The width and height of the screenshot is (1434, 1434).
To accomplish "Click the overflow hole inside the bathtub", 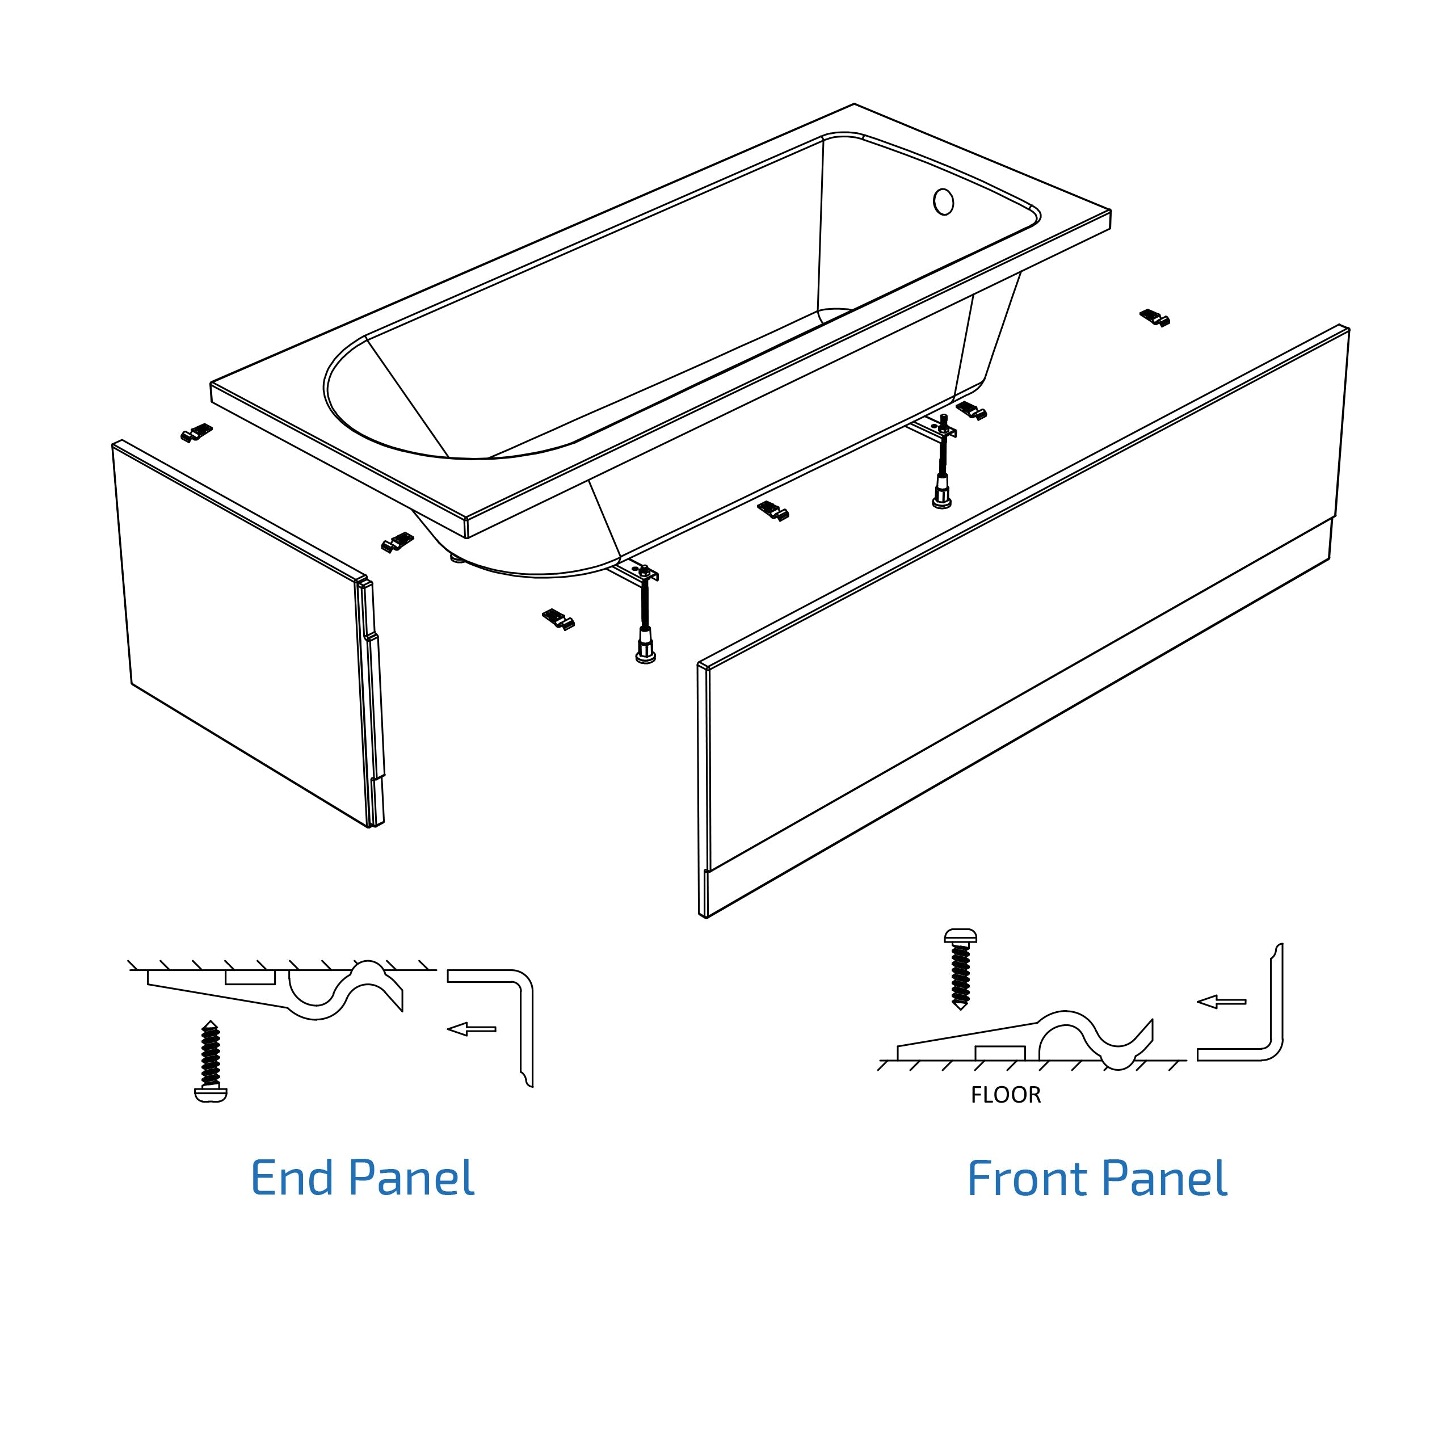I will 943,202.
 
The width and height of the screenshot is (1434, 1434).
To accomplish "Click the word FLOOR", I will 1005,1095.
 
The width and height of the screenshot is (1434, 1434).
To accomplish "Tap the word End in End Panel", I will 292,1178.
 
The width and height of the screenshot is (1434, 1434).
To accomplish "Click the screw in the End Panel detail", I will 211,1061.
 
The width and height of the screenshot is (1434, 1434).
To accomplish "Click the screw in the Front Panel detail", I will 960,968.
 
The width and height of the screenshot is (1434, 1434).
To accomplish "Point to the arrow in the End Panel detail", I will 472,1029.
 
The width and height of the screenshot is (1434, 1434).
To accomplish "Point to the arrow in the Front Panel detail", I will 1221,1001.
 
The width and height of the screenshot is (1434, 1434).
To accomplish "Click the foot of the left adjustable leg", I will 645,655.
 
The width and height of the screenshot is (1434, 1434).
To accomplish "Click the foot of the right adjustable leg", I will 941,501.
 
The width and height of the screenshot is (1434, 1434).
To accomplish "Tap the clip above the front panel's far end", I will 1155,318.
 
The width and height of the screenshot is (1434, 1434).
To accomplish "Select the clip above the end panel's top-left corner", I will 197,432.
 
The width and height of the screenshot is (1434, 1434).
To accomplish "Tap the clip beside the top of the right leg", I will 971,410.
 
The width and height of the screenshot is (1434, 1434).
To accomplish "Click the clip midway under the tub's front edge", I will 773,511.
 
